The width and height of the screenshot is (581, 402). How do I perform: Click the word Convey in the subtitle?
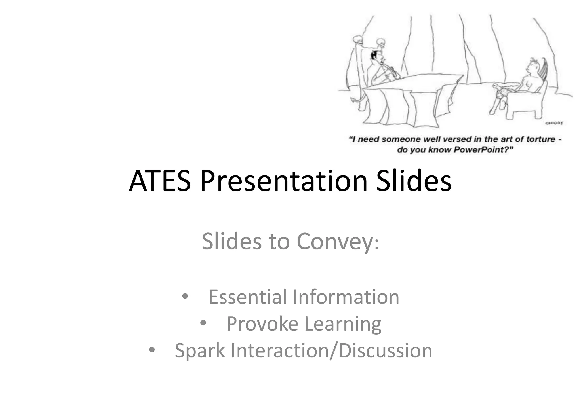[x=335, y=242]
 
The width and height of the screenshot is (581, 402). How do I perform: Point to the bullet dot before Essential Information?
[x=185, y=297]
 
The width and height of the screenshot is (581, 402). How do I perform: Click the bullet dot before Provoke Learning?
[x=203, y=323]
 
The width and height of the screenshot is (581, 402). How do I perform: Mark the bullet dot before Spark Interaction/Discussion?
[x=152, y=350]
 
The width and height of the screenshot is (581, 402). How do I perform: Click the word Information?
[x=346, y=297]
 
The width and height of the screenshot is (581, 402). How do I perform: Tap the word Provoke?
[x=262, y=324]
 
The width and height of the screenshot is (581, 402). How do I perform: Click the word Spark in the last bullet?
[x=200, y=351]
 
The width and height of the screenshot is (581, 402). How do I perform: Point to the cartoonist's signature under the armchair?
[x=554, y=123]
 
